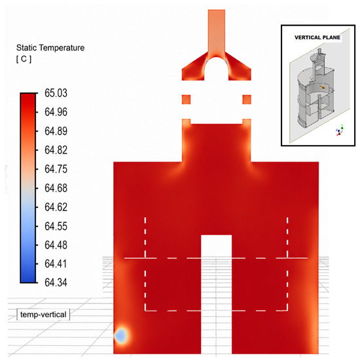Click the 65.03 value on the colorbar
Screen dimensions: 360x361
coord(56,94)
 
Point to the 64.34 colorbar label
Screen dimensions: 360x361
coord(56,283)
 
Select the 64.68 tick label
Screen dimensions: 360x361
coord(56,188)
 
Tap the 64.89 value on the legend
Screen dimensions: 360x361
coord(56,131)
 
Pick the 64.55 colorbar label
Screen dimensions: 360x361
coord(56,226)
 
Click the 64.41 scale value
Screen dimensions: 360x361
coord(56,264)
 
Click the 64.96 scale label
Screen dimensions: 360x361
coord(56,112)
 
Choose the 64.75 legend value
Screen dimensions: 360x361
coord(56,169)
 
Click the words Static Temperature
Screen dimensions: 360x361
coord(50,48)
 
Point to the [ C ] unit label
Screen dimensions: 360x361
coord(24,59)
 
